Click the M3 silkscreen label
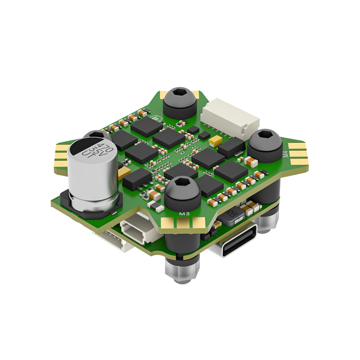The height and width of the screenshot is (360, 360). click(x=184, y=213)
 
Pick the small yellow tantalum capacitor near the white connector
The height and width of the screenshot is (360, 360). click(x=215, y=141)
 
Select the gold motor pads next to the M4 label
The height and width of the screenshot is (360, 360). click(x=298, y=153)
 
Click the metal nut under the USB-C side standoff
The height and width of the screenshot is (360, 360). click(x=269, y=220)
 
